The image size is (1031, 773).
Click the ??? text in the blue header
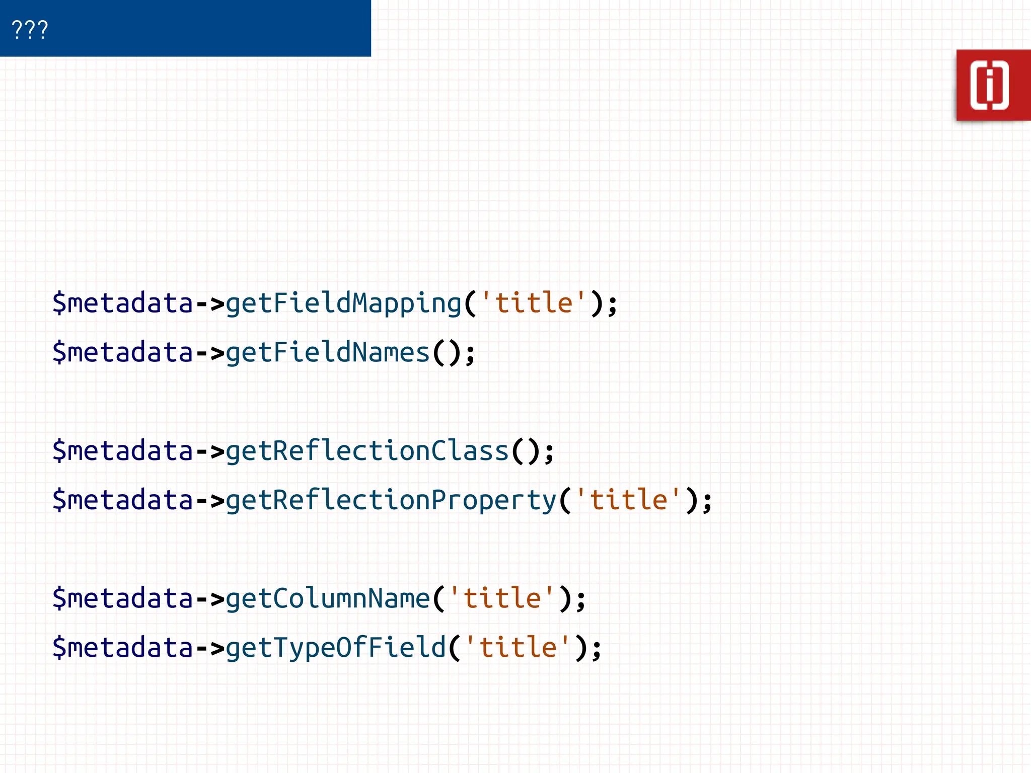pyautogui.click(x=30, y=29)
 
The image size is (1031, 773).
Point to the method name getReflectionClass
pyautogui.click(x=367, y=451)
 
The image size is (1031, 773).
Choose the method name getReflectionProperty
pyautogui.click(x=391, y=500)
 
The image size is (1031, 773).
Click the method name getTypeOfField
pyautogui.click(x=335, y=648)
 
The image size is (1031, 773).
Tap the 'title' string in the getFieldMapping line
pyautogui.click(x=533, y=303)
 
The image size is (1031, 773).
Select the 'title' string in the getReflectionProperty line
pyautogui.click(x=628, y=500)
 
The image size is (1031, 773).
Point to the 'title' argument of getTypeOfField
pyautogui.click(x=518, y=648)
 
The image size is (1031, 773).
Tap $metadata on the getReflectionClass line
pyautogui.click(x=123, y=451)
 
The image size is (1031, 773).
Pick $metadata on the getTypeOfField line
pyautogui.click(x=123, y=648)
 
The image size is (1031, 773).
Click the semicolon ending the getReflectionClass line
pyautogui.click(x=549, y=453)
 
